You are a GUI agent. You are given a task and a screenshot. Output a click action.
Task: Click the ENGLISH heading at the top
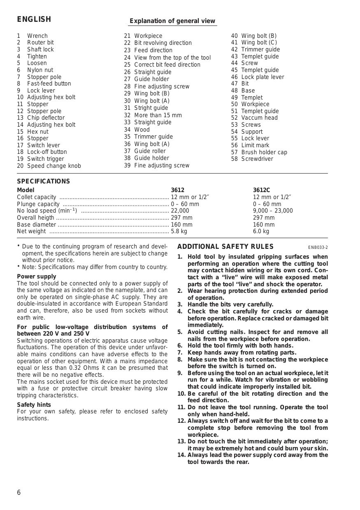pyautogui.click(x=34, y=19)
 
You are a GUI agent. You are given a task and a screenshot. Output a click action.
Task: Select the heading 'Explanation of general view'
pyautogui.click(x=172, y=21)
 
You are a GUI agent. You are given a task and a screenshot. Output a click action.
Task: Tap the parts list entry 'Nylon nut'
pyautogui.click(x=40, y=70)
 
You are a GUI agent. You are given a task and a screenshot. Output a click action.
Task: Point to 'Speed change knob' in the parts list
pyautogui.click(x=54, y=166)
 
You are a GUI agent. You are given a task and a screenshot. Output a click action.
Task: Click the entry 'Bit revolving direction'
pyautogui.click(x=163, y=43)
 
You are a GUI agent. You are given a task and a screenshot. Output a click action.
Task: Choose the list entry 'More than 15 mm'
pyautogui.click(x=158, y=115)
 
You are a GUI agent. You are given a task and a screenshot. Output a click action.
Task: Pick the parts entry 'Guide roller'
pyautogui.click(x=150, y=151)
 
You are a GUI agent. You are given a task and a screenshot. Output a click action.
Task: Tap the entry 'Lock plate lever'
pyautogui.click(x=262, y=77)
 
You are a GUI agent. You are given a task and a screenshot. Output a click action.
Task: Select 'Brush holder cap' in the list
pyautogui.click(x=264, y=152)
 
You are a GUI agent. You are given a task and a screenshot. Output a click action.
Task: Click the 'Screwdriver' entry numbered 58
pyautogui.click(x=257, y=159)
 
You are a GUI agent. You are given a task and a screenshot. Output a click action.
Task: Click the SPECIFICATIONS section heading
pyautogui.click(x=44, y=181)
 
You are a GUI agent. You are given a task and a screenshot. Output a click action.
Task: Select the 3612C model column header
pyautogui.click(x=261, y=190)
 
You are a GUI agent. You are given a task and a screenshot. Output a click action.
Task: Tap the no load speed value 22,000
pyautogui.click(x=180, y=211)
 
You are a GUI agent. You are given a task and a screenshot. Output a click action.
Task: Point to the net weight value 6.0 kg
pyautogui.click(x=261, y=231)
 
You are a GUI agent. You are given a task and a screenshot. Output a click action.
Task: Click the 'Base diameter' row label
pyautogui.click(x=36, y=225)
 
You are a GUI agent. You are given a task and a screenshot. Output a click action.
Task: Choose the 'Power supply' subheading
pyautogui.click(x=37, y=276)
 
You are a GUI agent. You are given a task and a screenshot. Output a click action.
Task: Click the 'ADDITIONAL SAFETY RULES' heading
pyautogui.click(x=225, y=247)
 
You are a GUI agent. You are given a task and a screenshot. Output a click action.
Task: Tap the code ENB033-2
pyautogui.click(x=318, y=248)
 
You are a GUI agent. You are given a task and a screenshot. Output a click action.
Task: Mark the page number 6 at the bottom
pyautogui.click(x=19, y=493)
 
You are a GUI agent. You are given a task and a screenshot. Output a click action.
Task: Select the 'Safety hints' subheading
pyautogui.click(x=34, y=405)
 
